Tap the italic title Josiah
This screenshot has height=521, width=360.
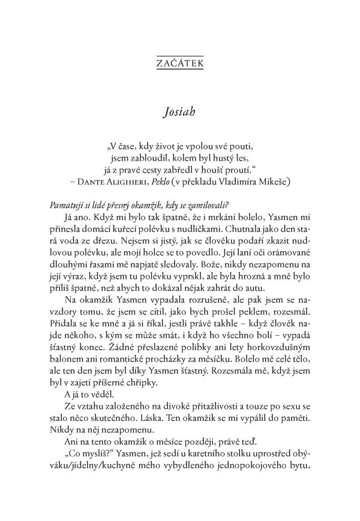[179, 113]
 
